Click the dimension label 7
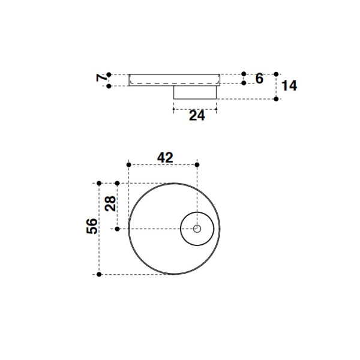coord(102,78)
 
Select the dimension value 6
coord(259,78)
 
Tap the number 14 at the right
coord(289,86)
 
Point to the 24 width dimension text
coord(197,116)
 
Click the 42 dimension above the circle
coord(165,157)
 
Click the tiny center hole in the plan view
coord(197,229)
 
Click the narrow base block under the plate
coord(196,92)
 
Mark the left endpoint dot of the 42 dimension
coord(129,164)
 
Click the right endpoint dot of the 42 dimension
coord(197,164)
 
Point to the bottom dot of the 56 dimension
coord(99,274)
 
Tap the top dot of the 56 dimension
coord(99,183)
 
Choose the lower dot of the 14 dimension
coord(276,98)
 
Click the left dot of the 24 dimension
coord(174,109)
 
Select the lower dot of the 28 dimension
coord(118,229)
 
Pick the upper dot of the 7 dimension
coord(109,74)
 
